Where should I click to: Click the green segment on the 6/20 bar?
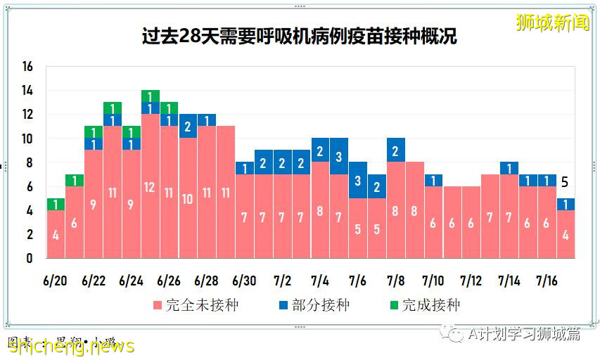point(56,204)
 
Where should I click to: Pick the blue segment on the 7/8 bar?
point(396,150)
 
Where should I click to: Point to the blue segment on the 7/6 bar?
point(358,180)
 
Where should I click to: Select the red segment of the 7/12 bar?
point(471,222)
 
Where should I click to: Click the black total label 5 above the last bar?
point(564,182)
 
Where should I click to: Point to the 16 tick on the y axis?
point(27,67)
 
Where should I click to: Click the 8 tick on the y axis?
point(29,162)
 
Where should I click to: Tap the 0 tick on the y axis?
point(29,258)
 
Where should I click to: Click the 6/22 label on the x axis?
point(93,281)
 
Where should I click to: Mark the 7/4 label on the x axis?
point(320,281)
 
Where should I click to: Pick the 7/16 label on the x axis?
point(547,281)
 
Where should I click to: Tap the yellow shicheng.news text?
point(70,346)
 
